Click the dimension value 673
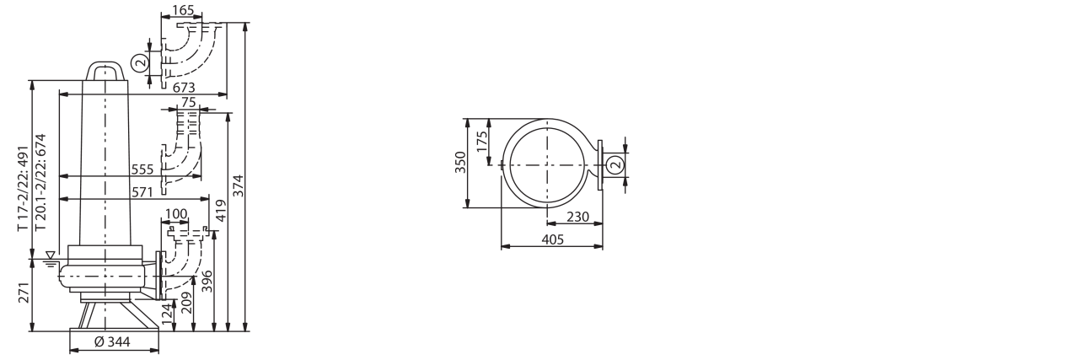(x=184, y=88)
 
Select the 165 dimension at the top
(x=183, y=10)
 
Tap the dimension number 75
(x=189, y=102)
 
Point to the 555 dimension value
(x=142, y=169)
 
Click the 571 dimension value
(x=142, y=192)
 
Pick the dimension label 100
(x=176, y=214)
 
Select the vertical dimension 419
(x=221, y=210)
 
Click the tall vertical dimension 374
(x=239, y=185)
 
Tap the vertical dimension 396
(x=207, y=282)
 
